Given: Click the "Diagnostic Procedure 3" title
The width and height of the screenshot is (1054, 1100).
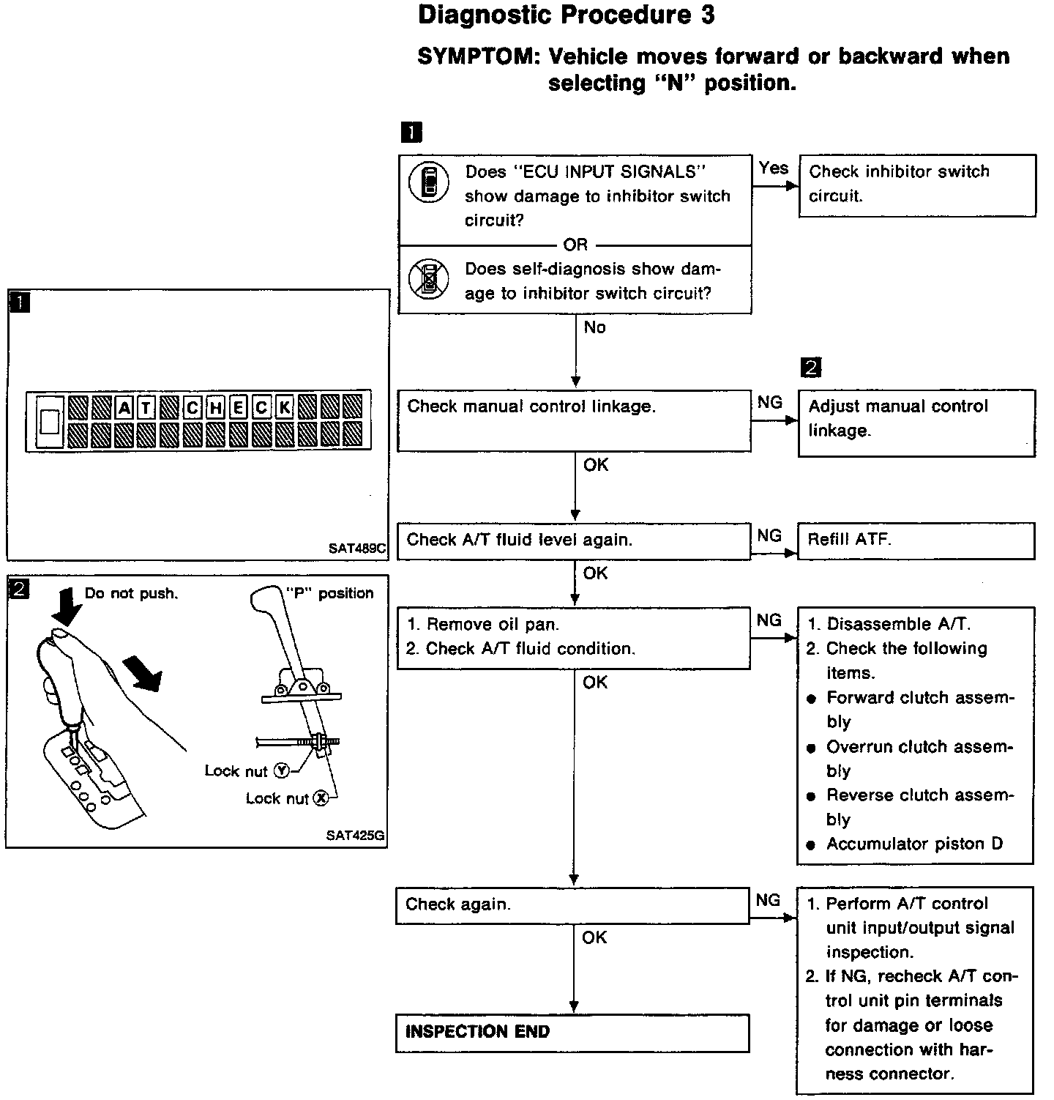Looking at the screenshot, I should [x=566, y=16].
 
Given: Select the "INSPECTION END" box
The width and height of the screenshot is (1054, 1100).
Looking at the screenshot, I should [x=572, y=1033].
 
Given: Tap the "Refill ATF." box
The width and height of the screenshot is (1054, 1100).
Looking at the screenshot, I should [x=916, y=540].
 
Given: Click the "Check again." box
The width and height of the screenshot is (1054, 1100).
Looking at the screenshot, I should [x=572, y=904].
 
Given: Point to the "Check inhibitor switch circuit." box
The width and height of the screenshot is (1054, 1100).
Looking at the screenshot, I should [x=917, y=185].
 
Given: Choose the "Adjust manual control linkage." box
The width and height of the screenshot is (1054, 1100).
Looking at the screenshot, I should [x=916, y=423].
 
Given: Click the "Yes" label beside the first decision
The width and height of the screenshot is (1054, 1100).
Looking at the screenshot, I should [x=774, y=168].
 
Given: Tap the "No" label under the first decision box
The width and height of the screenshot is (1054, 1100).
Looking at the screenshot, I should [x=594, y=328].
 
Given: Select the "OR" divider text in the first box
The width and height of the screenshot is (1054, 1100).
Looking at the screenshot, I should [x=575, y=245].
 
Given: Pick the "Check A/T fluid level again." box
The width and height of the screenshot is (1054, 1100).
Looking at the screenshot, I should [x=574, y=540].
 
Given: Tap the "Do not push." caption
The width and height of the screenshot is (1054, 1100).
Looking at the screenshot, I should [x=131, y=593].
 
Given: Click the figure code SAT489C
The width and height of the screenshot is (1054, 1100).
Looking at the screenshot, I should [x=357, y=547].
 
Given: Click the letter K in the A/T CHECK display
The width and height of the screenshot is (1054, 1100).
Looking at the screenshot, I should [x=284, y=407].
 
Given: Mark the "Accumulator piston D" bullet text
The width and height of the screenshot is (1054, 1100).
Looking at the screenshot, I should [x=914, y=844].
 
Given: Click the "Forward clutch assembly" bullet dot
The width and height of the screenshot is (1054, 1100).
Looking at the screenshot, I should [x=811, y=699].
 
